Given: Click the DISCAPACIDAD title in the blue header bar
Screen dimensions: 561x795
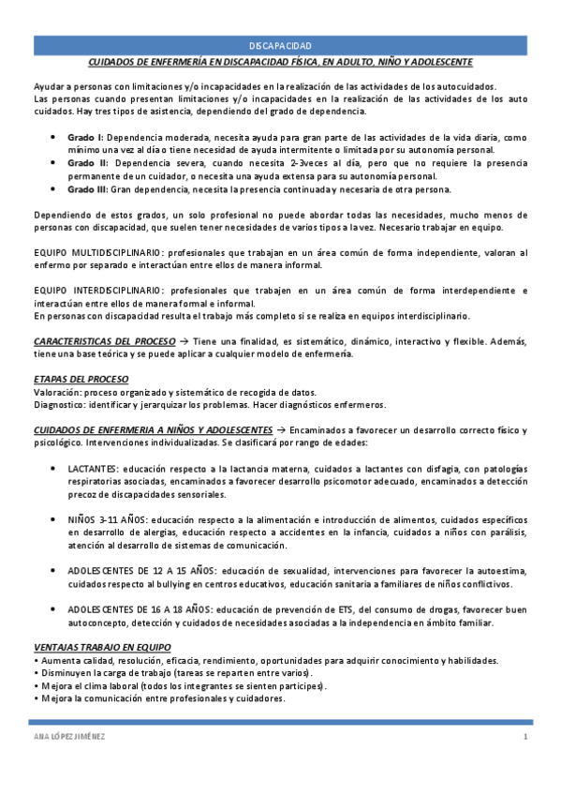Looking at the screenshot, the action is pyautogui.click(x=280, y=45).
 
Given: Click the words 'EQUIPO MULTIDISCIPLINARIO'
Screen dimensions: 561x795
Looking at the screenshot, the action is pyautogui.click(x=96, y=252).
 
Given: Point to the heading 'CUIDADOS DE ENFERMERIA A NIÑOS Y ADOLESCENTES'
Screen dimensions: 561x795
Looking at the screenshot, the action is pyautogui.click(x=148, y=428).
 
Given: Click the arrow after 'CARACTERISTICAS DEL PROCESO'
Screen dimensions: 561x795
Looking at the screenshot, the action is pyautogui.click(x=184, y=340).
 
